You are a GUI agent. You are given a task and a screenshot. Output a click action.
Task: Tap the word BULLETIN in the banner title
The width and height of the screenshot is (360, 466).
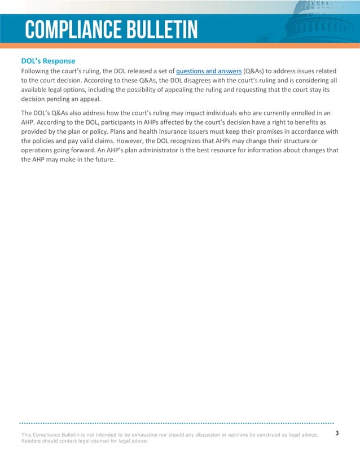pyautogui.click(x=164, y=29)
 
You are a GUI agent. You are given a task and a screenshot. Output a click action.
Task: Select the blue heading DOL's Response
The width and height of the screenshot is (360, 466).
pyautogui.click(x=48, y=60)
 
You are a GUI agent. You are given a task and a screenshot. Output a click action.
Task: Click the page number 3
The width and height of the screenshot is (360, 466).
pyautogui.click(x=337, y=433)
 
